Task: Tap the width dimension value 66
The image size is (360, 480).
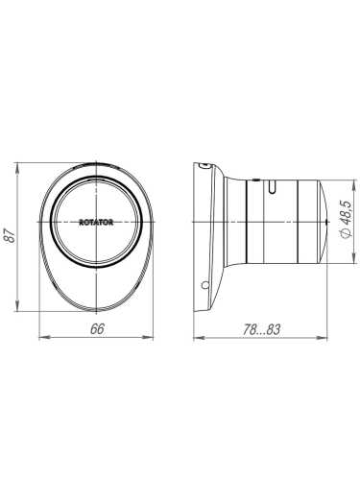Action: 96,328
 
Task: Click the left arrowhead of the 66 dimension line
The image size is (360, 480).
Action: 41,338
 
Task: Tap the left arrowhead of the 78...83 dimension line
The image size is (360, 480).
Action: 196,338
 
